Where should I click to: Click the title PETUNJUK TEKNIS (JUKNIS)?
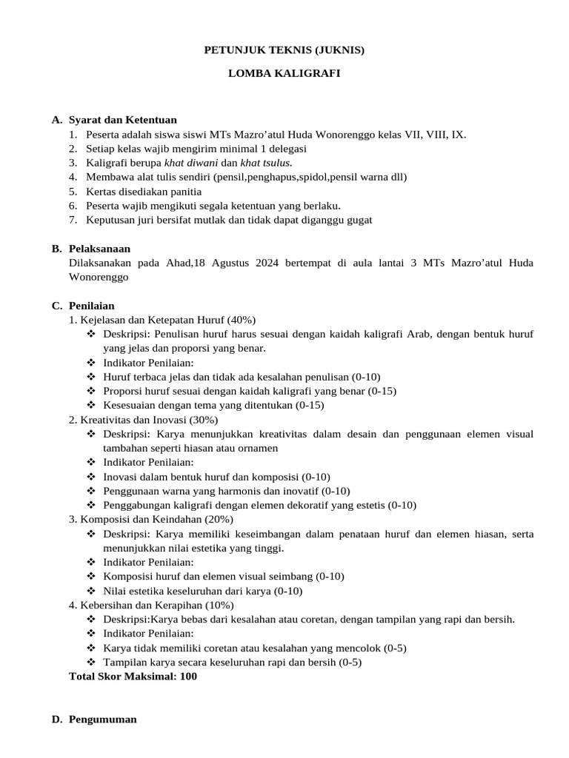coord(284,50)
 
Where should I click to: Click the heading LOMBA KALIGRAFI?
coord(284,75)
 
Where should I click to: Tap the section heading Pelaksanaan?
coord(99,249)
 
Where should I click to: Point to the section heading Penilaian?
coord(91,305)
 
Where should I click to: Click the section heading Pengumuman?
coord(102,719)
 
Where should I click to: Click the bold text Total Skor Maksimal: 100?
coord(133,676)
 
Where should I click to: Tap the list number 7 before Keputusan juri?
coord(73,219)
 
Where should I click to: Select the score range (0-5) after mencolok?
coord(393,648)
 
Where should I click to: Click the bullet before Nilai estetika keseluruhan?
coord(92,591)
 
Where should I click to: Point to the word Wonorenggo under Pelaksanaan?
coord(99,277)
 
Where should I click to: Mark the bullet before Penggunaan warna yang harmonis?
coord(92,491)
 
